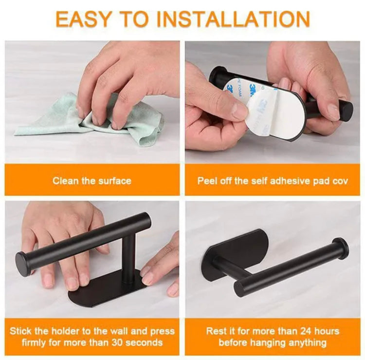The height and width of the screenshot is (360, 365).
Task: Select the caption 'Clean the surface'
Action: (x=92, y=181)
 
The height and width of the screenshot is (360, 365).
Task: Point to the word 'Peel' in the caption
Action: (x=207, y=181)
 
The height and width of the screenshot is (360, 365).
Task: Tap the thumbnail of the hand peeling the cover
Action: (x=272, y=102)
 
